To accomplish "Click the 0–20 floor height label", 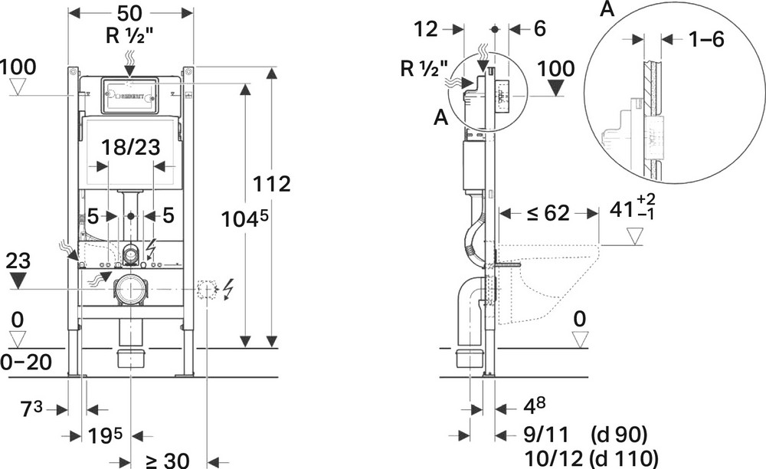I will (25, 362).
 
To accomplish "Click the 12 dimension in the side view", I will (427, 30).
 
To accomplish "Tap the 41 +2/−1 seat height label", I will (633, 208).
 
